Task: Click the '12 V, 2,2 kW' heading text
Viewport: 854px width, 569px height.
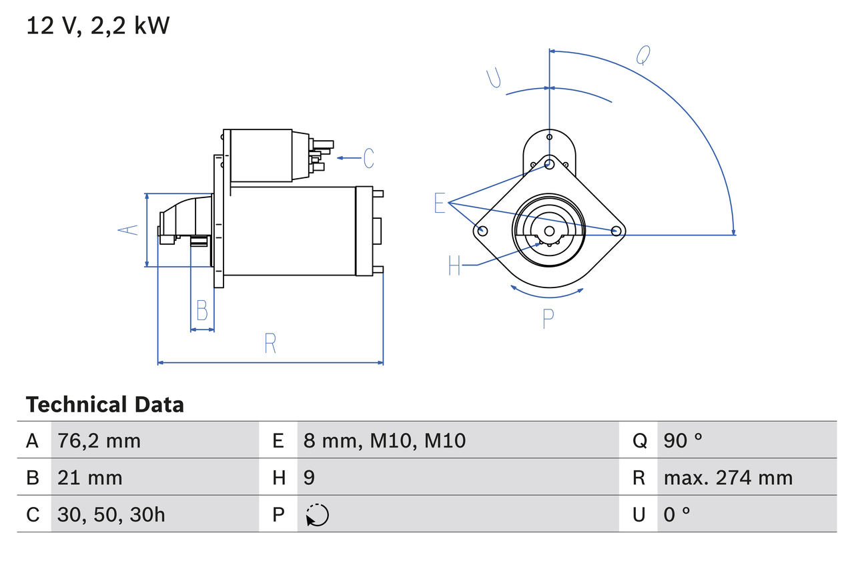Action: [x=97, y=26]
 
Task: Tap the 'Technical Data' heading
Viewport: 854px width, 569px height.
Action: [x=105, y=404]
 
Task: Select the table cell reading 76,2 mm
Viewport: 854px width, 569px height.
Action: [x=99, y=440]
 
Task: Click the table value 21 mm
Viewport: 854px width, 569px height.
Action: [x=90, y=478]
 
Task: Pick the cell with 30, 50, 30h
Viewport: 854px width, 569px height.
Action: [x=111, y=514]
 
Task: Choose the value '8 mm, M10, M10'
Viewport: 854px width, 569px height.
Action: [x=384, y=440]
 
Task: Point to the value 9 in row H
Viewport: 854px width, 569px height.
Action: [x=310, y=478]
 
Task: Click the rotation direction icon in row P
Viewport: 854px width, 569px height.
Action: [x=317, y=515]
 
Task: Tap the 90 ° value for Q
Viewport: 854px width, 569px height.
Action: [x=683, y=440]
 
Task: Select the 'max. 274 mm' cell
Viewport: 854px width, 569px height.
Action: [x=728, y=478]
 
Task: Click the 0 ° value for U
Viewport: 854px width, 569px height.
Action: [x=677, y=514]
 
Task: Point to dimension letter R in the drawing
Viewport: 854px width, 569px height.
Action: [x=270, y=344]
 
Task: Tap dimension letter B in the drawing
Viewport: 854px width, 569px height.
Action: [x=201, y=311]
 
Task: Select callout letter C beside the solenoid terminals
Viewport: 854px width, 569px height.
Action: [x=368, y=158]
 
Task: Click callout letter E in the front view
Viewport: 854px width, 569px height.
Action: [x=439, y=203]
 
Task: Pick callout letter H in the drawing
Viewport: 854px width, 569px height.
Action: [x=454, y=266]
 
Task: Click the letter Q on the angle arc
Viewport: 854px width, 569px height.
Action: [x=643, y=55]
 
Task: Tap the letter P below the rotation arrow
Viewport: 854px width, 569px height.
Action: [x=548, y=319]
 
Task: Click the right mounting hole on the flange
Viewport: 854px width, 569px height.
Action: [x=616, y=231]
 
